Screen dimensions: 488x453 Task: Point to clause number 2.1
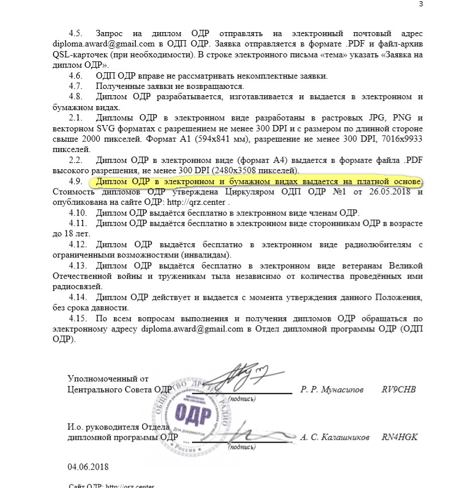click(x=76, y=118)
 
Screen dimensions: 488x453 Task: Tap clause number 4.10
click(x=78, y=213)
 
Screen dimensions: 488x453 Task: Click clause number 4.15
click(x=78, y=318)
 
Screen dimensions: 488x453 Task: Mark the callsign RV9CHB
click(x=399, y=389)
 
